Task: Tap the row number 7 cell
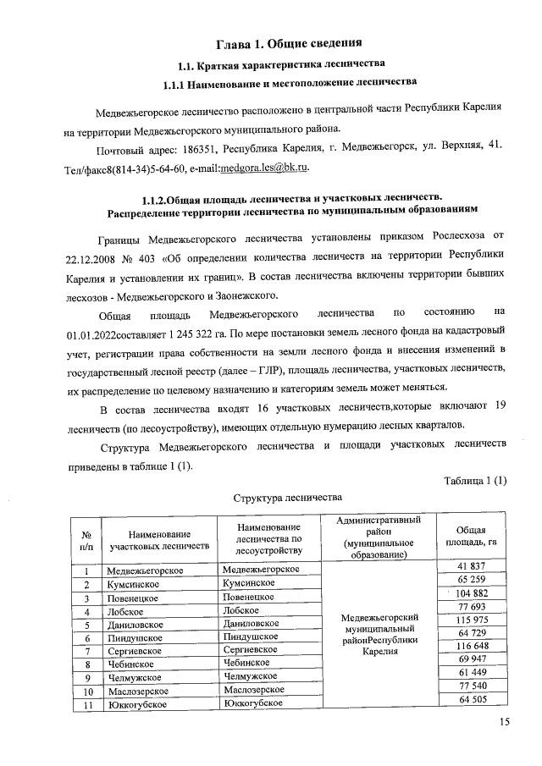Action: point(86,651)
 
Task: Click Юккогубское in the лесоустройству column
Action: point(248,703)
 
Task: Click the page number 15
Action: point(505,722)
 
